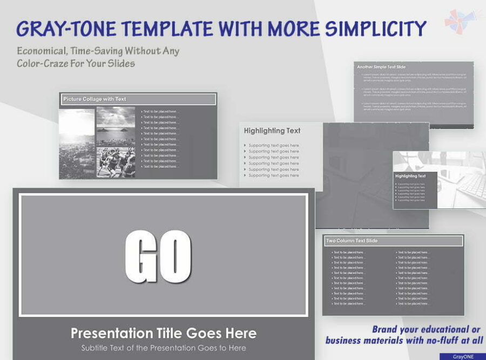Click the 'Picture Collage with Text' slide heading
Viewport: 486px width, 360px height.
tap(95, 99)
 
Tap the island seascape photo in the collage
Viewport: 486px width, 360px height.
tap(116, 126)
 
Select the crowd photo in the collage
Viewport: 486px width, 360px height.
tap(116, 162)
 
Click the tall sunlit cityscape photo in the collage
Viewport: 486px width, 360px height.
tap(77, 143)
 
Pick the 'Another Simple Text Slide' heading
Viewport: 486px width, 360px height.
tap(381, 67)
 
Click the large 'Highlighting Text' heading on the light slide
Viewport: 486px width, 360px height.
tap(272, 131)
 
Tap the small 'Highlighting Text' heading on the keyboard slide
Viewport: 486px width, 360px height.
tap(410, 176)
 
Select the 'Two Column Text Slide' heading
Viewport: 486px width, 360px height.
tap(352, 241)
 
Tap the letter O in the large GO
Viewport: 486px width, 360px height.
tap(174, 256)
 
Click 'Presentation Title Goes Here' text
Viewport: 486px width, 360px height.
tap(164, 333)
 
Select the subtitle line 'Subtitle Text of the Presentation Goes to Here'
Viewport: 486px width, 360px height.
tap(164, 348)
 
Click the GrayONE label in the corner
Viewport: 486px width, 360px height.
tap(462, 357)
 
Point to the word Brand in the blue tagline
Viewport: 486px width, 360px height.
tap(386, 330)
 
